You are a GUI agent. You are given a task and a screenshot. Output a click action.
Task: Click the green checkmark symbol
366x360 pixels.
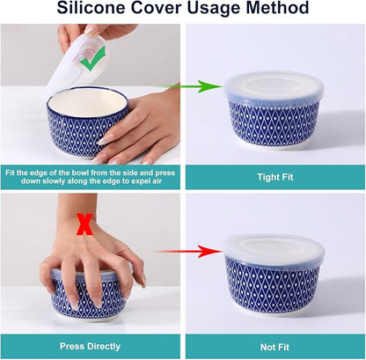coord(92,60)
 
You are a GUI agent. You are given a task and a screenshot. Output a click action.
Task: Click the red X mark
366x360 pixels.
coord(84,224)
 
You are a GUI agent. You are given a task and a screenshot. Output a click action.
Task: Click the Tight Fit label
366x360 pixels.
coord(275,177)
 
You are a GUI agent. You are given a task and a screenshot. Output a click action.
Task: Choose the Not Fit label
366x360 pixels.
coord(274,348)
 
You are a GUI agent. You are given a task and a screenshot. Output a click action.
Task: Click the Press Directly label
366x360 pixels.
coord(90,346)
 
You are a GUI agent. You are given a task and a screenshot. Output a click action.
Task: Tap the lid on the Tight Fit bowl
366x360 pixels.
coord(274,86)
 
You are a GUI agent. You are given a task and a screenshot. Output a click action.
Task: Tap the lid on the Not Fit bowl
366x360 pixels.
coord(274,248)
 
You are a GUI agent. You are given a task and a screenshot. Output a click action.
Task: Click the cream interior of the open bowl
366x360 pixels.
coord(86,102)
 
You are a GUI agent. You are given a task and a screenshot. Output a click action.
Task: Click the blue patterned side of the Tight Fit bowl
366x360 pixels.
coord(274,123)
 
